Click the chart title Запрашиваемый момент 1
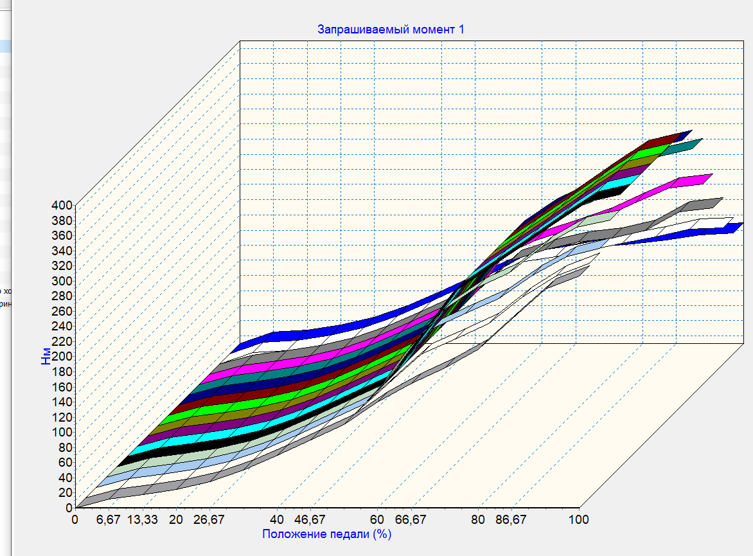coord(391,30)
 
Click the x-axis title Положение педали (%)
coord(326,534)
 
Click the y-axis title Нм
coord(46,357)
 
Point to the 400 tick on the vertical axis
coord(62,206)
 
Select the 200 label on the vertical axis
coord(62,357)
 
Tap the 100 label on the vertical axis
coord(62,432)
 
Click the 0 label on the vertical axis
coord(69,507)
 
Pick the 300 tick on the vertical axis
coord(62,281)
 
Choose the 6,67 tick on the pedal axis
coord(109,519)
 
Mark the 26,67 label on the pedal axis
coord(209,519)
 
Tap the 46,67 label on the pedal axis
coord(310,519)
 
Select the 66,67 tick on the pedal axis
coord(411,519)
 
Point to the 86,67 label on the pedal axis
coord(511,519)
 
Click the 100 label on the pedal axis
coord(578,519)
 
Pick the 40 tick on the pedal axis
coord(277,519)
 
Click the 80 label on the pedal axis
coord(478,519)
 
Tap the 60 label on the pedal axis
coord(377,519)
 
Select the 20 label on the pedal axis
coord(176,519)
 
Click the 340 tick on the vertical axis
coord(62,251)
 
